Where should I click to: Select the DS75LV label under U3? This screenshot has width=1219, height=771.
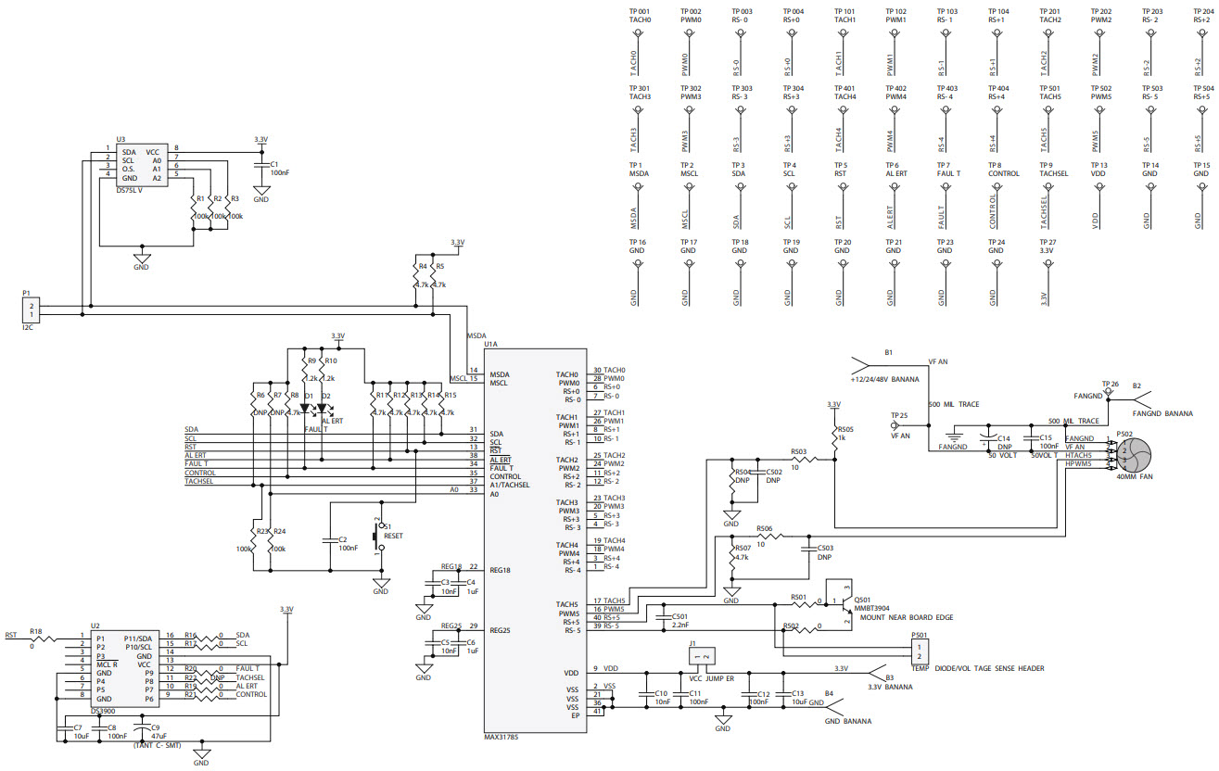coord(129,190)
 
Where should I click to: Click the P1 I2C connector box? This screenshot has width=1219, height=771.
coord(32,310)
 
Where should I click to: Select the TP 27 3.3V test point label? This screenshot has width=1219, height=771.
coord(1048,246)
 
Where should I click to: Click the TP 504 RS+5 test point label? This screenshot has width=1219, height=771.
coord(1201,92)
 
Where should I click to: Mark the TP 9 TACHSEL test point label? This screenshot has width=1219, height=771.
coord(1054,170)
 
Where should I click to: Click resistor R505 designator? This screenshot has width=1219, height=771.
coord(844,429)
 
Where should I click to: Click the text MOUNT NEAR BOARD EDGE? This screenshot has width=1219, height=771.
coord(907,617)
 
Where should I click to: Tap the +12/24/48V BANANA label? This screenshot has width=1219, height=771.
coord(886,379)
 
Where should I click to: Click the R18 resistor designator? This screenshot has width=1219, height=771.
coord(35,631)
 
